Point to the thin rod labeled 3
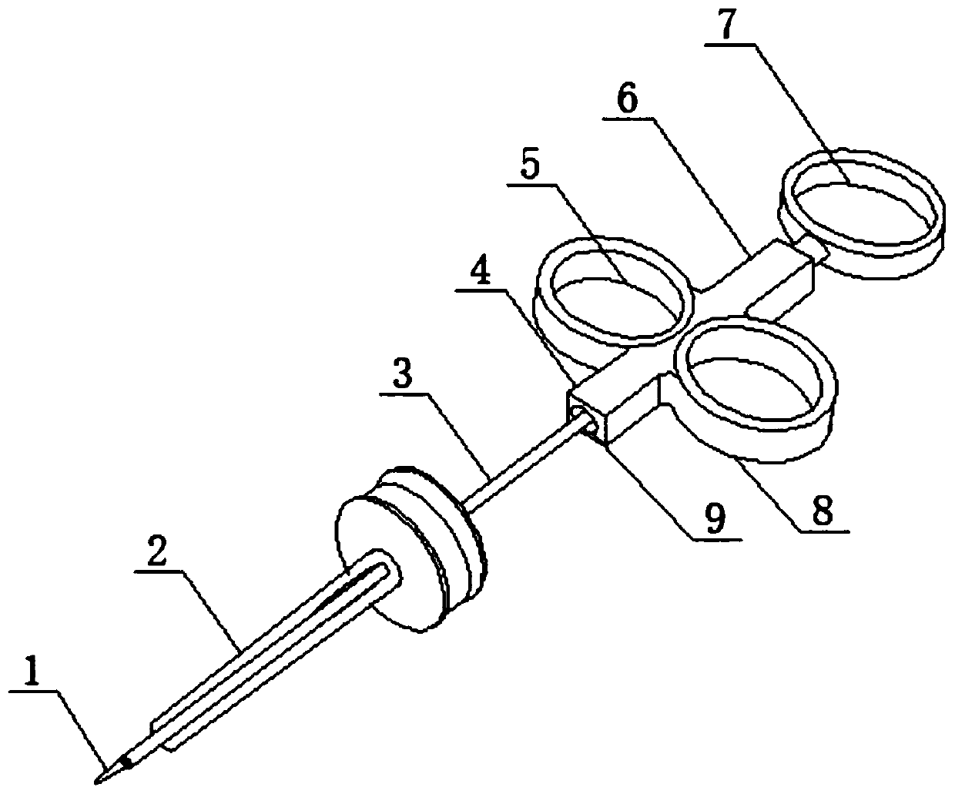pyautogui.click(x=524, y=462)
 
